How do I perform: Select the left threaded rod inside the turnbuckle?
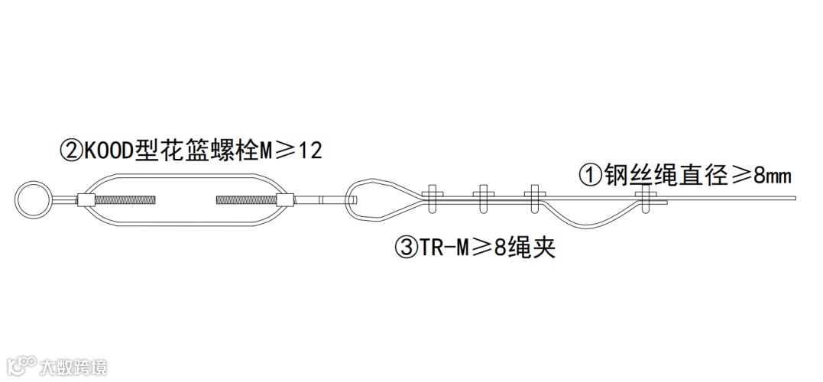(132, 201)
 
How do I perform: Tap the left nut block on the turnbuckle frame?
(86, 201)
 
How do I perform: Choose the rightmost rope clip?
(647, 198)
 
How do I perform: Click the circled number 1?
(588, 176)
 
